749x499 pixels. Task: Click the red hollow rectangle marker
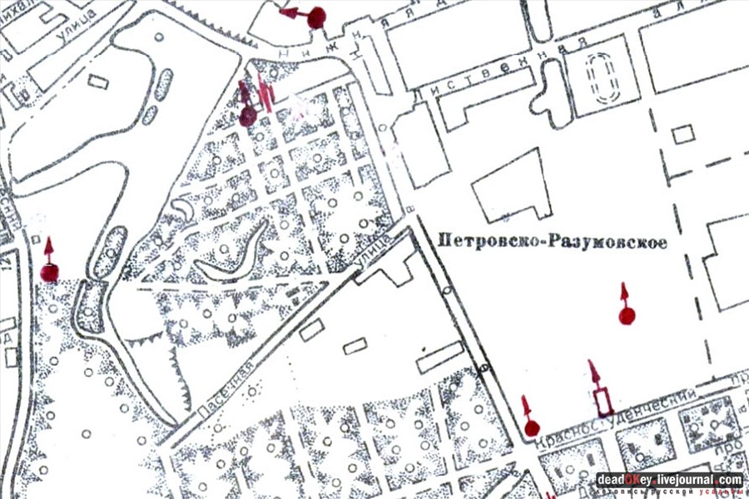click(x=603, y=401)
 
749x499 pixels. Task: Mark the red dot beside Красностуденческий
click(x=532, y=429)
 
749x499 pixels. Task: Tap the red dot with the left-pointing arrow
click(x=315, y=17)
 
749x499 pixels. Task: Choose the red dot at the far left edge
click(x=50, y=272)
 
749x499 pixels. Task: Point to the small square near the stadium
click(x=683, y=134)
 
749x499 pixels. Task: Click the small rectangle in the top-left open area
click(x=98, y=81)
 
